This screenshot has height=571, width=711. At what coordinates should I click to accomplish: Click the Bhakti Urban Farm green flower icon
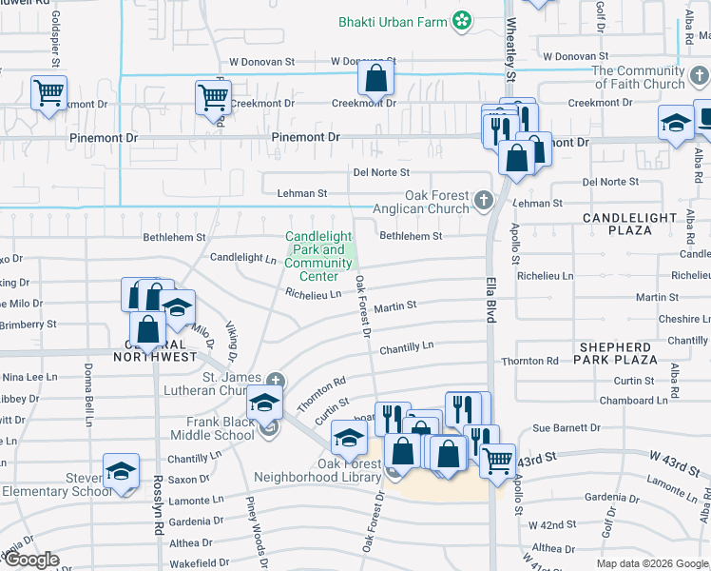click(462, 20)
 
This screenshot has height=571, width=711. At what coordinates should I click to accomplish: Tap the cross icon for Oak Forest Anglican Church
click(484, 200)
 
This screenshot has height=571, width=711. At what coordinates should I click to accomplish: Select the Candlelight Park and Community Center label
click(318, 256)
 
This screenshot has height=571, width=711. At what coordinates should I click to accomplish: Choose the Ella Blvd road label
click(491, 295)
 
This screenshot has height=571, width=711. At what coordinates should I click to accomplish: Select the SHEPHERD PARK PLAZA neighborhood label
click(616, 353)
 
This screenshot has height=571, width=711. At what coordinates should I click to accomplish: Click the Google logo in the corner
click(31, 560)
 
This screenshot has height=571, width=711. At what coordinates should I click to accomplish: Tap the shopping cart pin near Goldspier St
click(48, 94)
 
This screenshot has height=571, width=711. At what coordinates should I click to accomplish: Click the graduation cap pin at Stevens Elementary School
click(121, 472)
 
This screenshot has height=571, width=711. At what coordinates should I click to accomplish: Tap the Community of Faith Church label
click(637, 77)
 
